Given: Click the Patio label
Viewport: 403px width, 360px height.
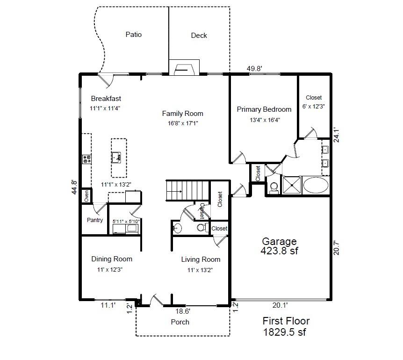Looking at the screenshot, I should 133,35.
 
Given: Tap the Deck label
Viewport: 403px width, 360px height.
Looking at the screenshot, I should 199,36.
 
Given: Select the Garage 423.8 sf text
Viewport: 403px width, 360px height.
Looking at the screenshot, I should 279,246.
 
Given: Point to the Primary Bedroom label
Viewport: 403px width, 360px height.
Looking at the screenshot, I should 264,109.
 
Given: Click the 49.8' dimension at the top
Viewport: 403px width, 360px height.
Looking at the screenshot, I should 254,69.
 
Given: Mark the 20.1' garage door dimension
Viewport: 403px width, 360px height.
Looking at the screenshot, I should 280,305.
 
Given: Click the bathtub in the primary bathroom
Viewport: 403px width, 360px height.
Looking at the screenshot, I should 316,185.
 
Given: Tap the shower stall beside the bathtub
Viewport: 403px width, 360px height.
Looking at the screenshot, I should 292,185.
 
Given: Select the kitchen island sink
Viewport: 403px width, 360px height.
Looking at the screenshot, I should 117,157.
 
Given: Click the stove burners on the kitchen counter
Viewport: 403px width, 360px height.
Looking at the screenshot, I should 86,159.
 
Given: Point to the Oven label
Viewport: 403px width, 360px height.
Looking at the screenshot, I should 86,196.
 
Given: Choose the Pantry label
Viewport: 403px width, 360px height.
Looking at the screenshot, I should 95,220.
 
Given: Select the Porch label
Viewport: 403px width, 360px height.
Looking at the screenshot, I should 180,322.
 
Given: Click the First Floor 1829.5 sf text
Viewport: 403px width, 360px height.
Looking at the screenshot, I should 286,326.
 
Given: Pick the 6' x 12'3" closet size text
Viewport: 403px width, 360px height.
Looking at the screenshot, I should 314,106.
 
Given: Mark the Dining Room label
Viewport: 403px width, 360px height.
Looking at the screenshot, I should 112,259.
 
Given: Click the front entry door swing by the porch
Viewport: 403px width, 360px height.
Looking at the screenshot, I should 156,301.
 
